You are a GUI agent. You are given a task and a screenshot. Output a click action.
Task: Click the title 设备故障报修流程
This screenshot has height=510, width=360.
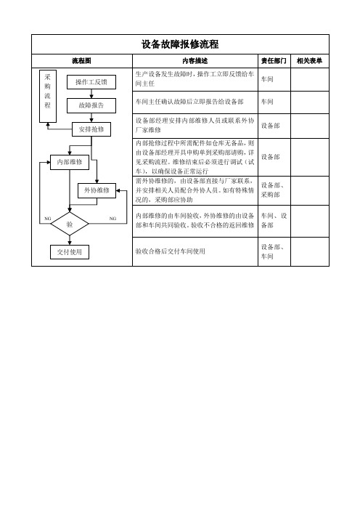point(180,44)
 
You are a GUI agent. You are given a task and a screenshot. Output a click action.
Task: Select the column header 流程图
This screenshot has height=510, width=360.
point(81,61)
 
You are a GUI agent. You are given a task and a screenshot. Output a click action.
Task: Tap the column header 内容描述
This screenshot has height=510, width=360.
point(195,61)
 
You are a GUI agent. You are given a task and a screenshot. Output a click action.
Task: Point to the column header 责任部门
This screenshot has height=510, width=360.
point(274,61)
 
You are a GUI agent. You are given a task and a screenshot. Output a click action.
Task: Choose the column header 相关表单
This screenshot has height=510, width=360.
point(309,61)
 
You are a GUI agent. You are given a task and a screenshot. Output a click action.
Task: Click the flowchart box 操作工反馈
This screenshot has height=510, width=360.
point(91,82)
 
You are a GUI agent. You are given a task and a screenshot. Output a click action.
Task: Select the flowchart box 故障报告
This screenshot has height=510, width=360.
point(91,105)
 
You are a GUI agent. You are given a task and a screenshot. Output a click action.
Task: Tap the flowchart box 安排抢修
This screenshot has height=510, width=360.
point(91,129)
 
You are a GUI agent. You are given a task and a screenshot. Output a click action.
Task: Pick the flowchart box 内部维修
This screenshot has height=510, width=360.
point(70,162)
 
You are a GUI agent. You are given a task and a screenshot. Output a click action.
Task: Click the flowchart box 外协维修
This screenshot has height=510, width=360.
point(97,190)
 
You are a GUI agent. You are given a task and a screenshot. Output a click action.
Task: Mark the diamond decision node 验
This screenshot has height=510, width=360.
point(70,224)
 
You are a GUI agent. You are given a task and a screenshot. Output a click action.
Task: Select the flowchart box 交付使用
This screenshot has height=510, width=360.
point(70,252)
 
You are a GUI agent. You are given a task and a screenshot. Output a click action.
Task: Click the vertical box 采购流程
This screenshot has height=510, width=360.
point(48,97)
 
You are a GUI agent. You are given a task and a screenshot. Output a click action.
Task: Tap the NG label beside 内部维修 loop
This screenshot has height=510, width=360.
point(47,219)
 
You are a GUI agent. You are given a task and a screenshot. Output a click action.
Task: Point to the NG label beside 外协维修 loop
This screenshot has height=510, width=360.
point(112,219)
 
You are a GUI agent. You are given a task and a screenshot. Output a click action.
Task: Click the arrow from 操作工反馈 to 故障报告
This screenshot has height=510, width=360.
point(91,94)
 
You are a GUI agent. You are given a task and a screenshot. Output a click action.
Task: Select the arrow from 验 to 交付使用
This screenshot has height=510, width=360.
point(70,240)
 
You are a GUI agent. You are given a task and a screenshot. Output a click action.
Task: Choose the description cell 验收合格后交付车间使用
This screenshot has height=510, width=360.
point(171,251)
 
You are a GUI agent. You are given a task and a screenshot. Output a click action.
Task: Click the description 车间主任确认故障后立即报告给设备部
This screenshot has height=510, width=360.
point(189,102)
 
